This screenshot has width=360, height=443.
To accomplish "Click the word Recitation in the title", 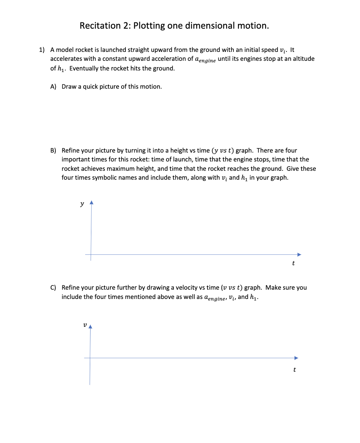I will coord(100,26).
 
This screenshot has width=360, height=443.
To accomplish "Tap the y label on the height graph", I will coord(82,204).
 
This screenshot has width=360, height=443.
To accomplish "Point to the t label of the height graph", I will coord(293,263).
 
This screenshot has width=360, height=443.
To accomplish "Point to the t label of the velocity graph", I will coord(294,370).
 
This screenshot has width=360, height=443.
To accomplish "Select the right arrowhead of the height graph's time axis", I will coord(298,254).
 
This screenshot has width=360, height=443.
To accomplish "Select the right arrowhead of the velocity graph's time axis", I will coord(297,358).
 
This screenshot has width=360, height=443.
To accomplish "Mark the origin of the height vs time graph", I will coord(91,254).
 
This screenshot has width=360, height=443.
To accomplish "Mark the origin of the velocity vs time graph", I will coord(90,358).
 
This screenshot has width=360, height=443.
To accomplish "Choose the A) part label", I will coord(54,87).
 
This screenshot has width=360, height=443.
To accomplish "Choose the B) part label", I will coord(54,150).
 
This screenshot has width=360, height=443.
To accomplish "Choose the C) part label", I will coord(54,288).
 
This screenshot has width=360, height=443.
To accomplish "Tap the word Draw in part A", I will coord(69,87).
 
